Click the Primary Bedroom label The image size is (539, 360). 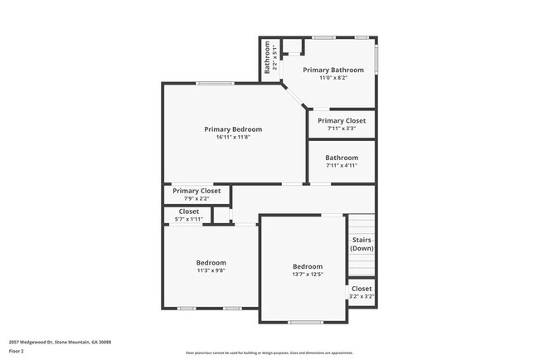pos(233,129)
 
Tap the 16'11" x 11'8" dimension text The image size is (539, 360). pos(233,138)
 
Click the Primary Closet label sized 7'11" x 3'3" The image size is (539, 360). pos(341,121)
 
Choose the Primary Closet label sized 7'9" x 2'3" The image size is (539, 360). pos(197,191)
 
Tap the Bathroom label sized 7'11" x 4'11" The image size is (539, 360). pos(341,158)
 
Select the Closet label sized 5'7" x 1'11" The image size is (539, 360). pos(188,212)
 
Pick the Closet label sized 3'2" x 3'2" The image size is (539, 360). pos(362,289)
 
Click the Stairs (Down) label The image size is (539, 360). pos(362,244)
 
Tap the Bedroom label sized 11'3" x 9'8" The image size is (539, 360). pos(211,263)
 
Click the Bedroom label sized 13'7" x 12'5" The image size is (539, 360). pos(307,267)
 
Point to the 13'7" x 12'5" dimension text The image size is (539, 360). pos(307,275)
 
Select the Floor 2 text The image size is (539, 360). pos(16,351)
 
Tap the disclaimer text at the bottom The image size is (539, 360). pos(269,353)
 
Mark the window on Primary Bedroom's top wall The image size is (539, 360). pos(215,82)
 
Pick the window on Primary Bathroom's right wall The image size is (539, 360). pos(376,60)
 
